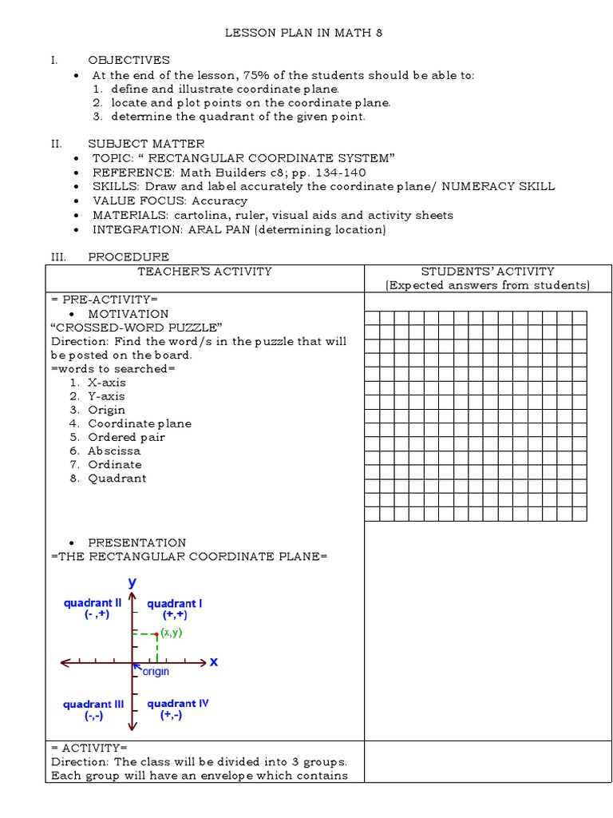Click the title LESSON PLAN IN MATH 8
click(x=306, y=33)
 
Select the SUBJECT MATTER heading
click(x=146, y=143)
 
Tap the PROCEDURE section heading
click(x=128, y=256)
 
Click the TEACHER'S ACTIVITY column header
click(x=204, y=272)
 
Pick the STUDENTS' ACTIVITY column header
click(x=487, y=272)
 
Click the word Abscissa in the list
click(x=114, y=451)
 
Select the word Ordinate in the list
click(x=114, y=464)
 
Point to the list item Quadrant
click(x=117, y=478)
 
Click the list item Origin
click(x=106, y=410)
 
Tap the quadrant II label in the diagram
click(x=93, y=604)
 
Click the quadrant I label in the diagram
click(x=174, y=604)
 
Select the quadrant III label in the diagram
click(x=93, y=705)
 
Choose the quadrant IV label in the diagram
click(x=177, y=704)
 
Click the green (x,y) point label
click(x=172, y=632)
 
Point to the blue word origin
click(x=155, y=672)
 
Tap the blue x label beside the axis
click(x=213, y=662)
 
